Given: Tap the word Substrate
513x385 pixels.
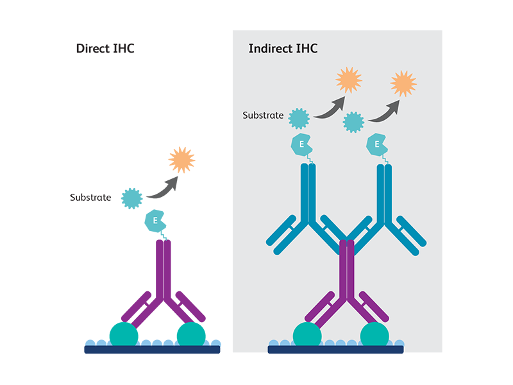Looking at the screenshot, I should [x=262, y=116].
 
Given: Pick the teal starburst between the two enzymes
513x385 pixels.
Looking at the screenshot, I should [x=354, y=122].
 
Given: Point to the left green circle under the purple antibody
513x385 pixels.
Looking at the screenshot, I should [x=307, y=334].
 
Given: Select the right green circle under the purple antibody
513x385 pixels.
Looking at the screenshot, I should [x=375, y=334].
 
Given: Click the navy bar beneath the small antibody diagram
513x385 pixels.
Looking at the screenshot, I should [x=335, y=350].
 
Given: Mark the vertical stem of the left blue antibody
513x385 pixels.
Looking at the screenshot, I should [x=308, y=193].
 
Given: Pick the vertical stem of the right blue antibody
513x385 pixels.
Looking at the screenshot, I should [x=384, y=193].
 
